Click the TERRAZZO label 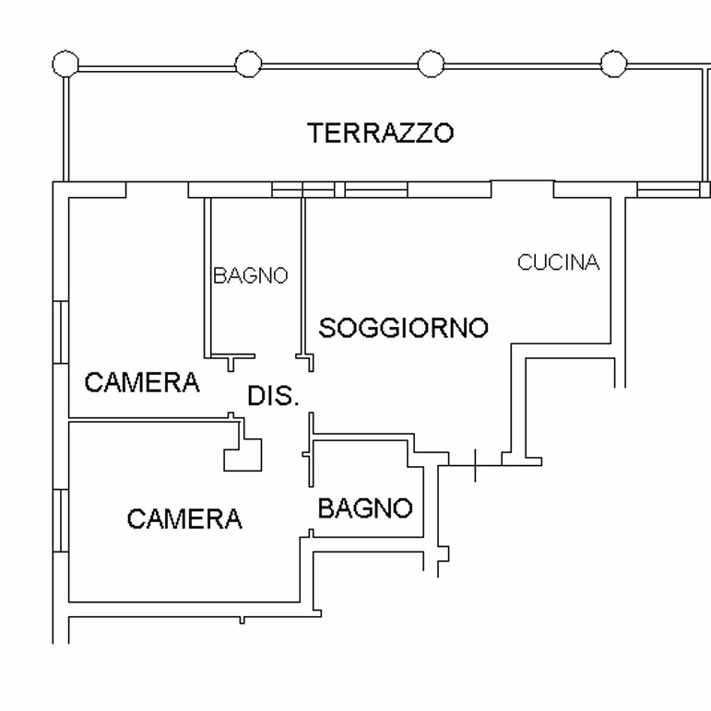click(380, 133)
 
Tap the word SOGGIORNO click(403, 328)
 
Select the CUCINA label click(558, 262)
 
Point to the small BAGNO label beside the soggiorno click(250, 275)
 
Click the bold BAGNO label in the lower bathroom click(364, 507)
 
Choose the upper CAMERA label click(142, 382)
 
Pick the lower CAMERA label click(184, 519)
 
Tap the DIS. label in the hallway click(274, 397)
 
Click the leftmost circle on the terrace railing click(65, 64)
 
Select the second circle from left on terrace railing click(248, 64)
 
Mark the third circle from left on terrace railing click(431, 64)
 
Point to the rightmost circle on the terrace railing click(613, 64)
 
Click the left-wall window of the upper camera click(60, 332)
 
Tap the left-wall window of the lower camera click(60, 520)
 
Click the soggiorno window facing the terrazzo click(376, 190)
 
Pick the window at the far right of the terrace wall click(669, 190)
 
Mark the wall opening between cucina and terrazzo click(522, 189)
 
